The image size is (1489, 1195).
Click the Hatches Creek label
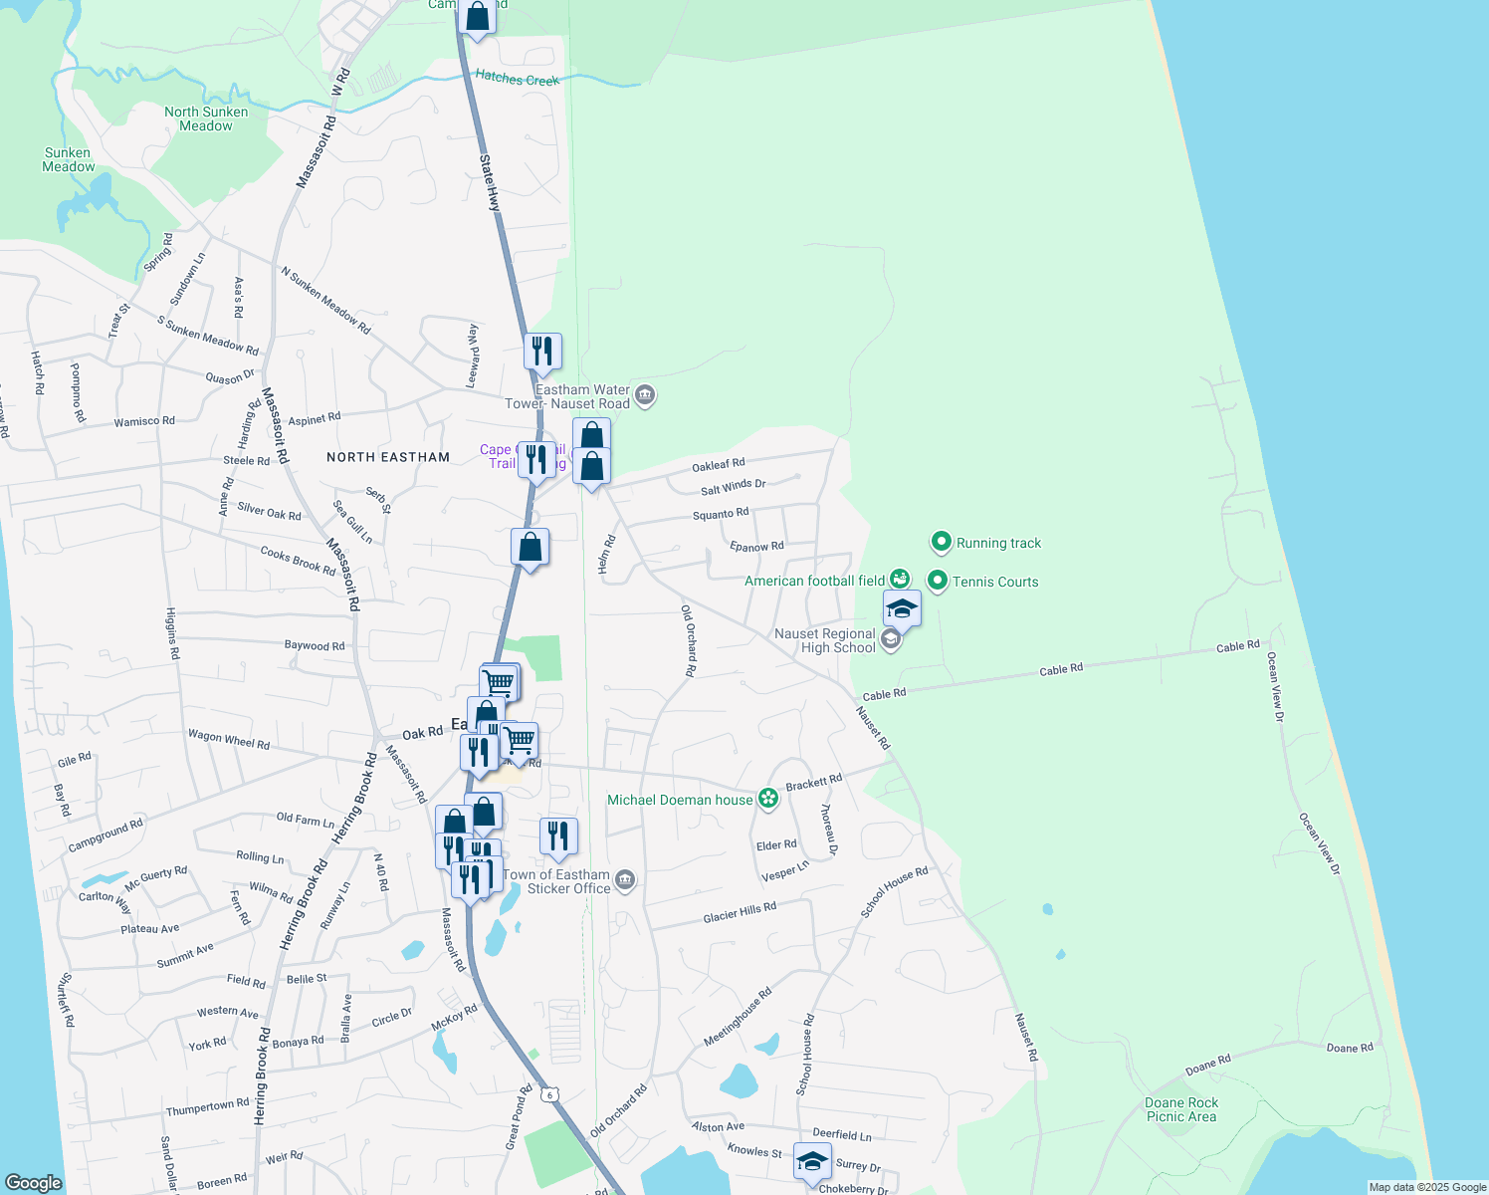click(x=517, y=79)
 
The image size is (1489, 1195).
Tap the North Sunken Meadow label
click(x=206, y=119)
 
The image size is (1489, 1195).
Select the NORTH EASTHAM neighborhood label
click(x=388, y=457)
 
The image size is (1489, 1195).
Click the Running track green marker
click(x=941, y=542)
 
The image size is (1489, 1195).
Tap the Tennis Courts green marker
click(x=937, y=581)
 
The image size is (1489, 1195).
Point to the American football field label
click(x=814, y=581)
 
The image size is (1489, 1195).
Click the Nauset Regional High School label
click(x=825, y=640)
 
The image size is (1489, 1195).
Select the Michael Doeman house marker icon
click(x=767, y=799)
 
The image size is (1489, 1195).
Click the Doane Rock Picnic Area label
click(x=1181, y=1109)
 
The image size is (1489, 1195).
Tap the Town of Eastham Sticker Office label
click(x=556, y=881)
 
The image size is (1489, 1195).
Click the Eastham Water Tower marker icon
click(x=645, y=396)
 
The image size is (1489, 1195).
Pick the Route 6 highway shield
click(x=548, y=1094)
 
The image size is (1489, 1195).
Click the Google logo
click(x=33, y=1182)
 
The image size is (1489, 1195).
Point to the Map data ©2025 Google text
click(x=1427, y=1187)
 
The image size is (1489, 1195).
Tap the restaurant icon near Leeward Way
click(x=542, y=352)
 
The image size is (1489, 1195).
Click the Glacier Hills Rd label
click(x=739, y=912)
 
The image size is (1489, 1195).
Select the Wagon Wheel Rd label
click(x=229, y=739)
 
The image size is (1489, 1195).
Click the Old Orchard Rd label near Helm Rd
click(x=688, y=640)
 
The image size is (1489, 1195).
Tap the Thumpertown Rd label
click(x=207, y=1107)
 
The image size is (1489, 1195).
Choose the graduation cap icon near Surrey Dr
click(x=812, y=1161)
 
